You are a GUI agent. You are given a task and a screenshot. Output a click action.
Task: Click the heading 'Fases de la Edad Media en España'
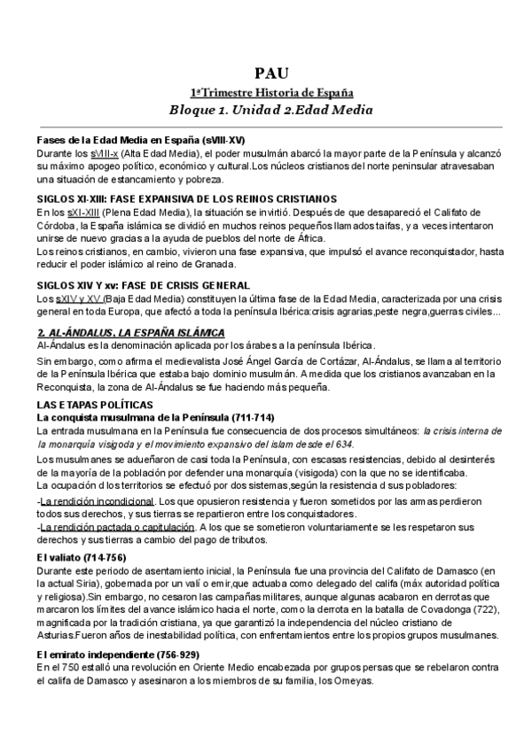(x=140, y=141)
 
